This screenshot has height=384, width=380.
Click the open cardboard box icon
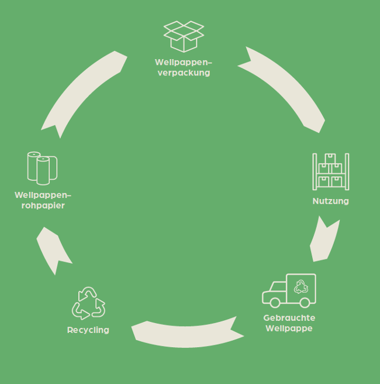[x=184, y=36]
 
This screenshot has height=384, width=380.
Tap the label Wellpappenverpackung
[x=183, y=67]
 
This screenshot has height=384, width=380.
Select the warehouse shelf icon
[x=330, y=171]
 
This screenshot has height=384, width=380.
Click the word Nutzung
[x=330, y=201]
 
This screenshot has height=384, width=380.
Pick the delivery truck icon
[x=289, y=290]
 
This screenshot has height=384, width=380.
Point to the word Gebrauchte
[x=289, y=318]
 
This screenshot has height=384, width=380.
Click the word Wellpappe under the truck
[x=289, y=328]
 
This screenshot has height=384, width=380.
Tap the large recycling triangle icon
[x=88, y=303]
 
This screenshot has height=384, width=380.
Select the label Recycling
[x=88, y=330]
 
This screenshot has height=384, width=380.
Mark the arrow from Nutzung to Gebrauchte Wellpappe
[x=324, y=240]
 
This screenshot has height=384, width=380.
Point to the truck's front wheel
[x=274, y=303]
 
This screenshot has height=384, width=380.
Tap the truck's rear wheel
[x=304, y=303]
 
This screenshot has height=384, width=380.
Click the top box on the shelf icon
[x=330, y=159]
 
